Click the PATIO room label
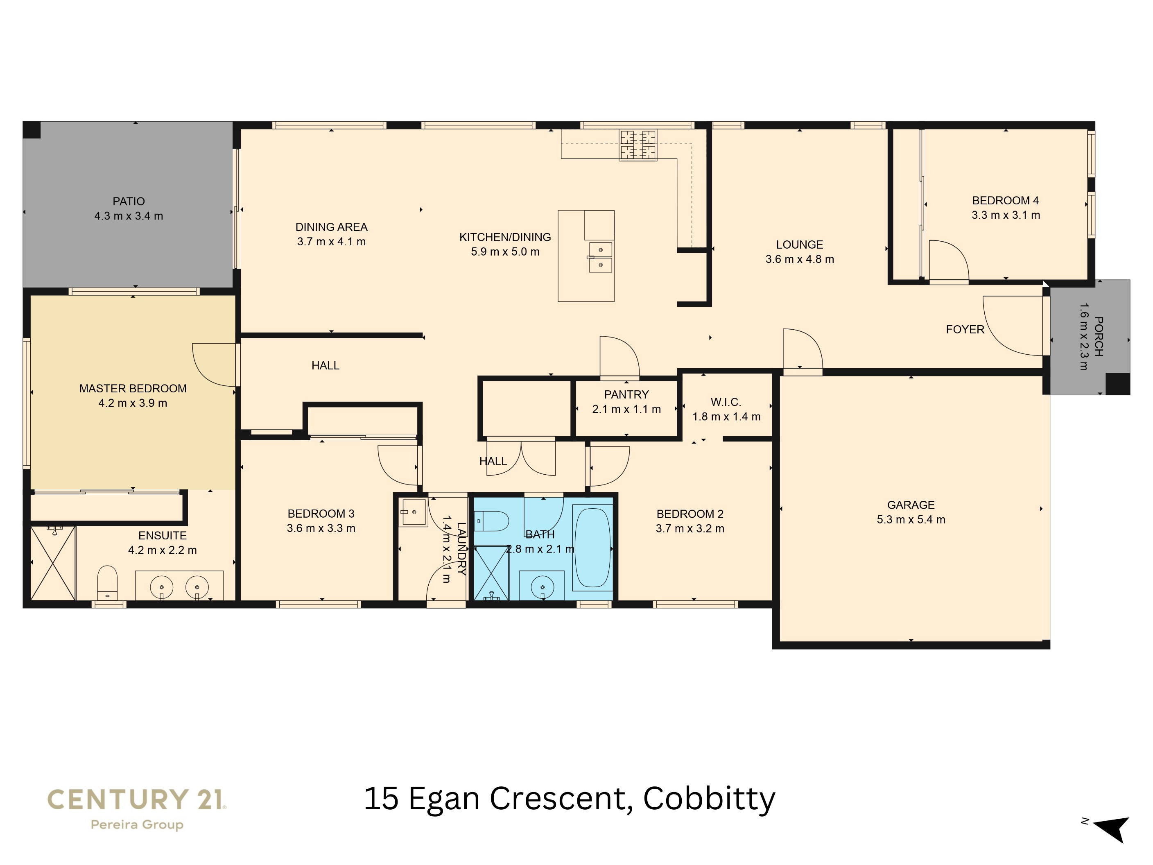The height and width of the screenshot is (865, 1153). pyautogui.click(x=129, y=201)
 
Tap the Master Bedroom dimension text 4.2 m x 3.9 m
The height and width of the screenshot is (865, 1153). pyautogui.click(x=133, y=403)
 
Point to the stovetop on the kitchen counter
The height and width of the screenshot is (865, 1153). pyautogui.click(x=638, y=145)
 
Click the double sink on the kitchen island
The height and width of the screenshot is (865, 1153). pyautogui.click(x=601, y=257)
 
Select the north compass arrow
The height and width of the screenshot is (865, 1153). pyautogui.click(x=1113, y=829)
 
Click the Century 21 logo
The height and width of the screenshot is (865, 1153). pyautogui.click(x=137, y=799)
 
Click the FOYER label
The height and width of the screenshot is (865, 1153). pyautogui.click(x=965, y=330)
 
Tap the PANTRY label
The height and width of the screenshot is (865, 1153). pyautogui.click(x=626, y=395)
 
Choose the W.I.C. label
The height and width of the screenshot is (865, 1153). pyautogui.click(x=726, y=402)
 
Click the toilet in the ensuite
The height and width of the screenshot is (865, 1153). pyautogui.click(x=107, y=582)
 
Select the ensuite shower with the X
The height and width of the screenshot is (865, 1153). pyautogui.click(x=53, y=563)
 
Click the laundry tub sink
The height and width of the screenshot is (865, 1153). pyautogui.click(x=414, y=512)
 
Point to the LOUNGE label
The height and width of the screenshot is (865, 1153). pyautogui.click(x=799, y=245)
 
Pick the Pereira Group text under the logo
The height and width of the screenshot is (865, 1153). pyautogui.click(x=137, y=825)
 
